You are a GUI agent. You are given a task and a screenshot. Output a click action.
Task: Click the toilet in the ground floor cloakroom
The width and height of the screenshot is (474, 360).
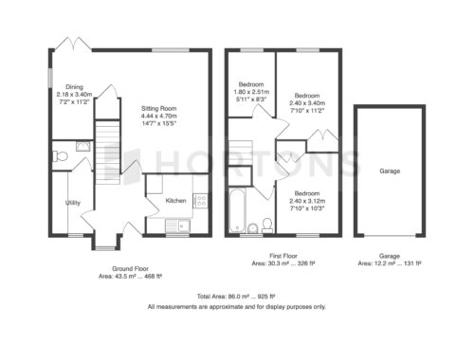click(x=61, y=156)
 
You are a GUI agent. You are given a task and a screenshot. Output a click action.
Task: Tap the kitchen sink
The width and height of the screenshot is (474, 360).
click(x=177, y=225)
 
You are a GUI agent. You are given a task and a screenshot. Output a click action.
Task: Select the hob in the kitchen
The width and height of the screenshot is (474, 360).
click(x=201, y=201)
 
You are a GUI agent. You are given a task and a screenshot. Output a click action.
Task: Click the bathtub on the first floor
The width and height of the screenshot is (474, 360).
click(x=237, y=210)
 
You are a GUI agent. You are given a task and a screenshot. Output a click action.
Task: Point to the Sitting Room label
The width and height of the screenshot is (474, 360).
click(x=158, y=108)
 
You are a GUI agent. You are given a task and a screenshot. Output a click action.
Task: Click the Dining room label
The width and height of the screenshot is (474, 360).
click(x=74, y=87)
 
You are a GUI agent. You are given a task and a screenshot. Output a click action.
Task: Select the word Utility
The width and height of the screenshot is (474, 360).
click(x=73, y=203)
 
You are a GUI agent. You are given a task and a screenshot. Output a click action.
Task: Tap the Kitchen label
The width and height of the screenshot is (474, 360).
click(x=175, y=201)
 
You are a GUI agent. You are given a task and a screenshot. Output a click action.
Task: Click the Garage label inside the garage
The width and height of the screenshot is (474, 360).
click(x=390, y=171)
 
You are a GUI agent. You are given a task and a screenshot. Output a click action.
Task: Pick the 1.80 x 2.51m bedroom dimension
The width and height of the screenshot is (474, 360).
click(x=251, y=92)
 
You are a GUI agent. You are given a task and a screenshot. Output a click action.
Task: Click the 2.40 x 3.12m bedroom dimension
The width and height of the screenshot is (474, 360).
click(x=307, y=201)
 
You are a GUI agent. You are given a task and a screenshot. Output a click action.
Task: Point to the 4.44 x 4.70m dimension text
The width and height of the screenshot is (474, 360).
click(x=158, y=116)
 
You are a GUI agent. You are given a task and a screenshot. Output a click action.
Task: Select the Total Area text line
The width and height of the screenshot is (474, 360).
click(x=236, y=297)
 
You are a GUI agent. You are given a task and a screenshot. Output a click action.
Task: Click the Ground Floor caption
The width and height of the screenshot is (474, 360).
click(x=130, y=269)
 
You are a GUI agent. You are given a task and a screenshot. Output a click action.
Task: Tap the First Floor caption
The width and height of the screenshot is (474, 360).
click(x=283, y=256)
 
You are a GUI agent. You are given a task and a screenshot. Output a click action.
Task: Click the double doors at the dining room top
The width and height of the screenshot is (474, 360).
click(x=73, y=44)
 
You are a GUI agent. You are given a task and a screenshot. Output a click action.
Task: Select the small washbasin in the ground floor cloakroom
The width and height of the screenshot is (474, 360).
click(x=83, y=146)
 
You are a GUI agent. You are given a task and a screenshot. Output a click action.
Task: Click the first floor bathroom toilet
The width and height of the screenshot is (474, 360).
click(x=267, y=225)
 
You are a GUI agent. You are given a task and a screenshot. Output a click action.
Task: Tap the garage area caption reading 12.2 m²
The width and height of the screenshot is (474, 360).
click(x=390, y=263)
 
